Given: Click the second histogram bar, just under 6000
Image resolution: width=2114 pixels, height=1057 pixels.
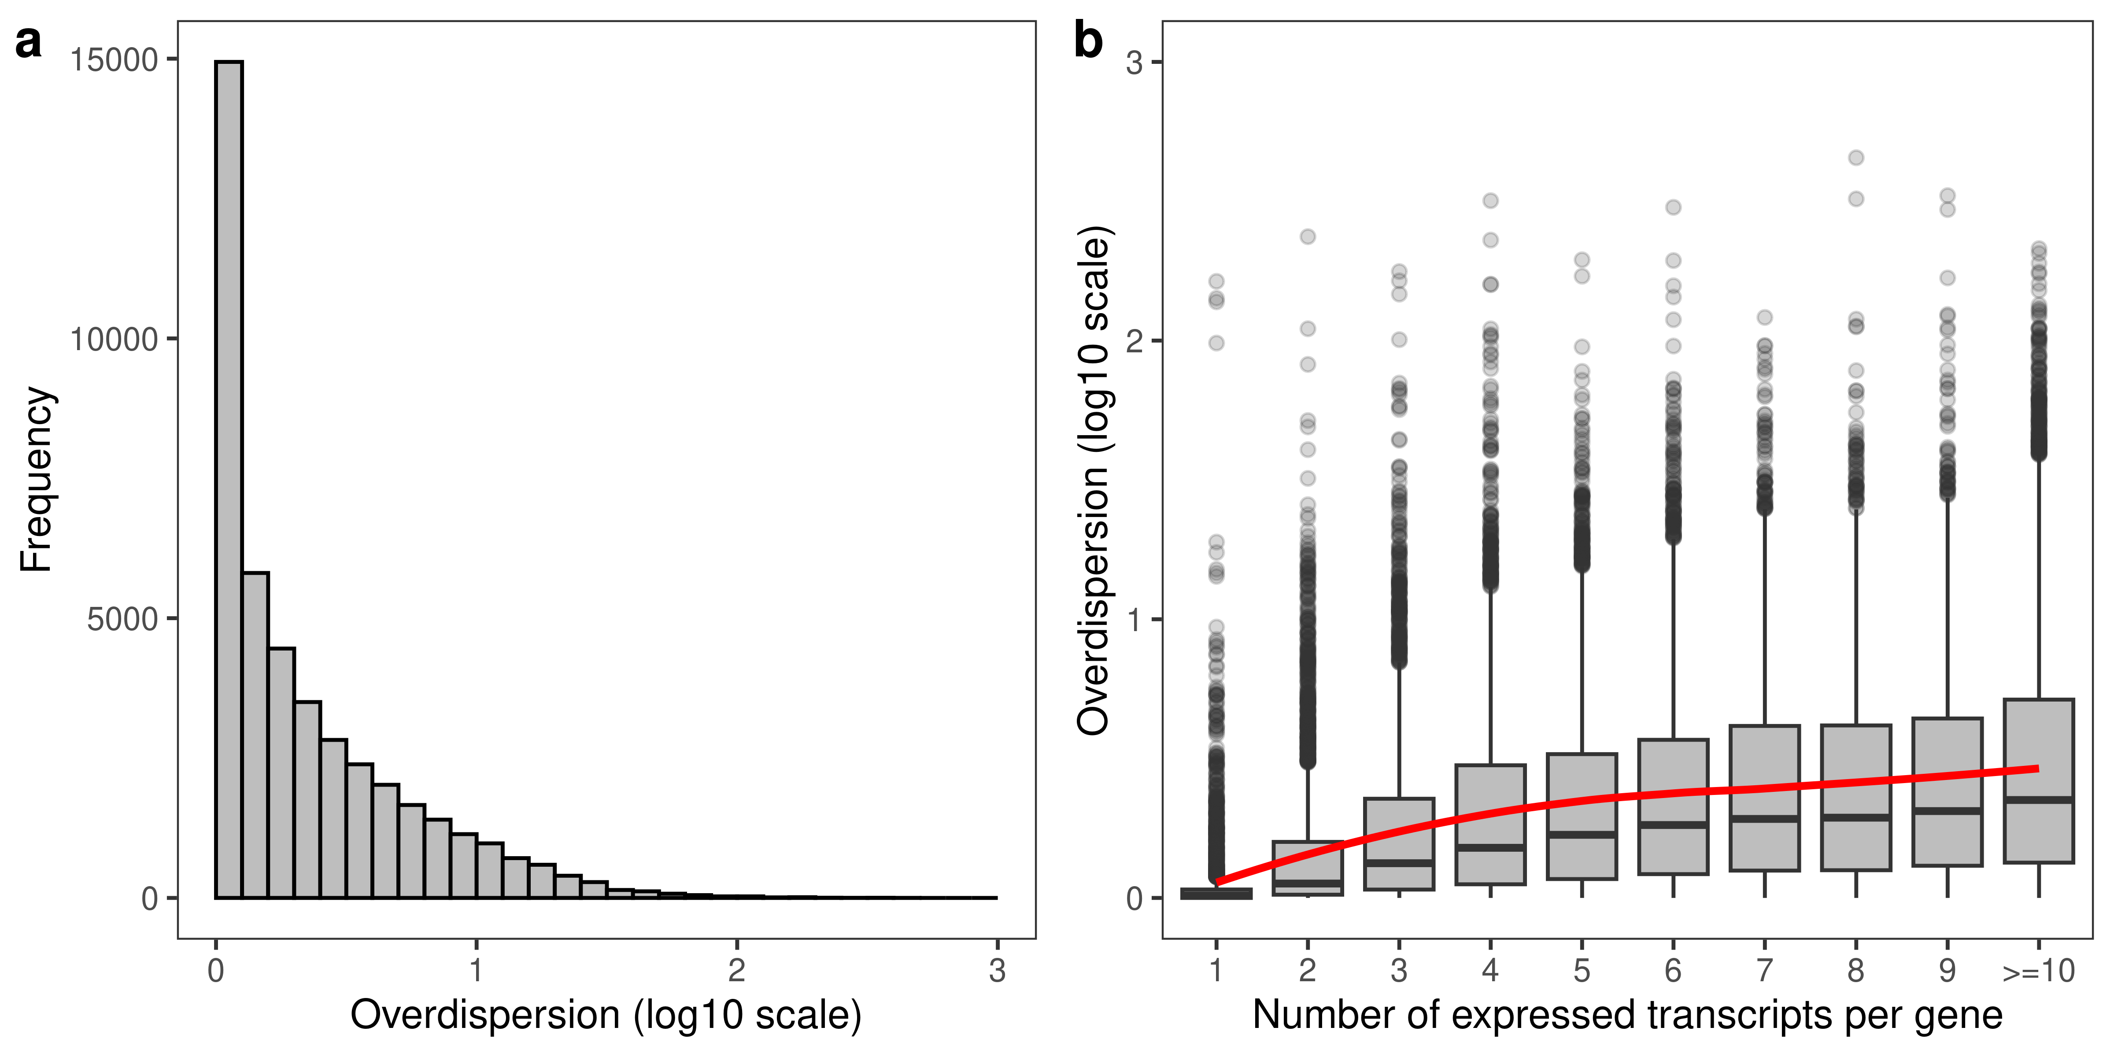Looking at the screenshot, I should click(255, 735).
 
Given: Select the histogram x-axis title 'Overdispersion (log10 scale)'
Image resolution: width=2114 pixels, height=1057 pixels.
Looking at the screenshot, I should click(606, 1015).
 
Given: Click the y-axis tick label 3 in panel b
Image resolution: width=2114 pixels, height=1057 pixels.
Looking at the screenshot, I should click(1134, 63).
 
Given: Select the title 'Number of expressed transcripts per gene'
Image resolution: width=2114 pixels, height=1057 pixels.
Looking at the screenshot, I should click(1626, 1015).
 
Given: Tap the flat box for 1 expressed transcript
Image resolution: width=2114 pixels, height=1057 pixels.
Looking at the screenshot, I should click(1216, 894).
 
